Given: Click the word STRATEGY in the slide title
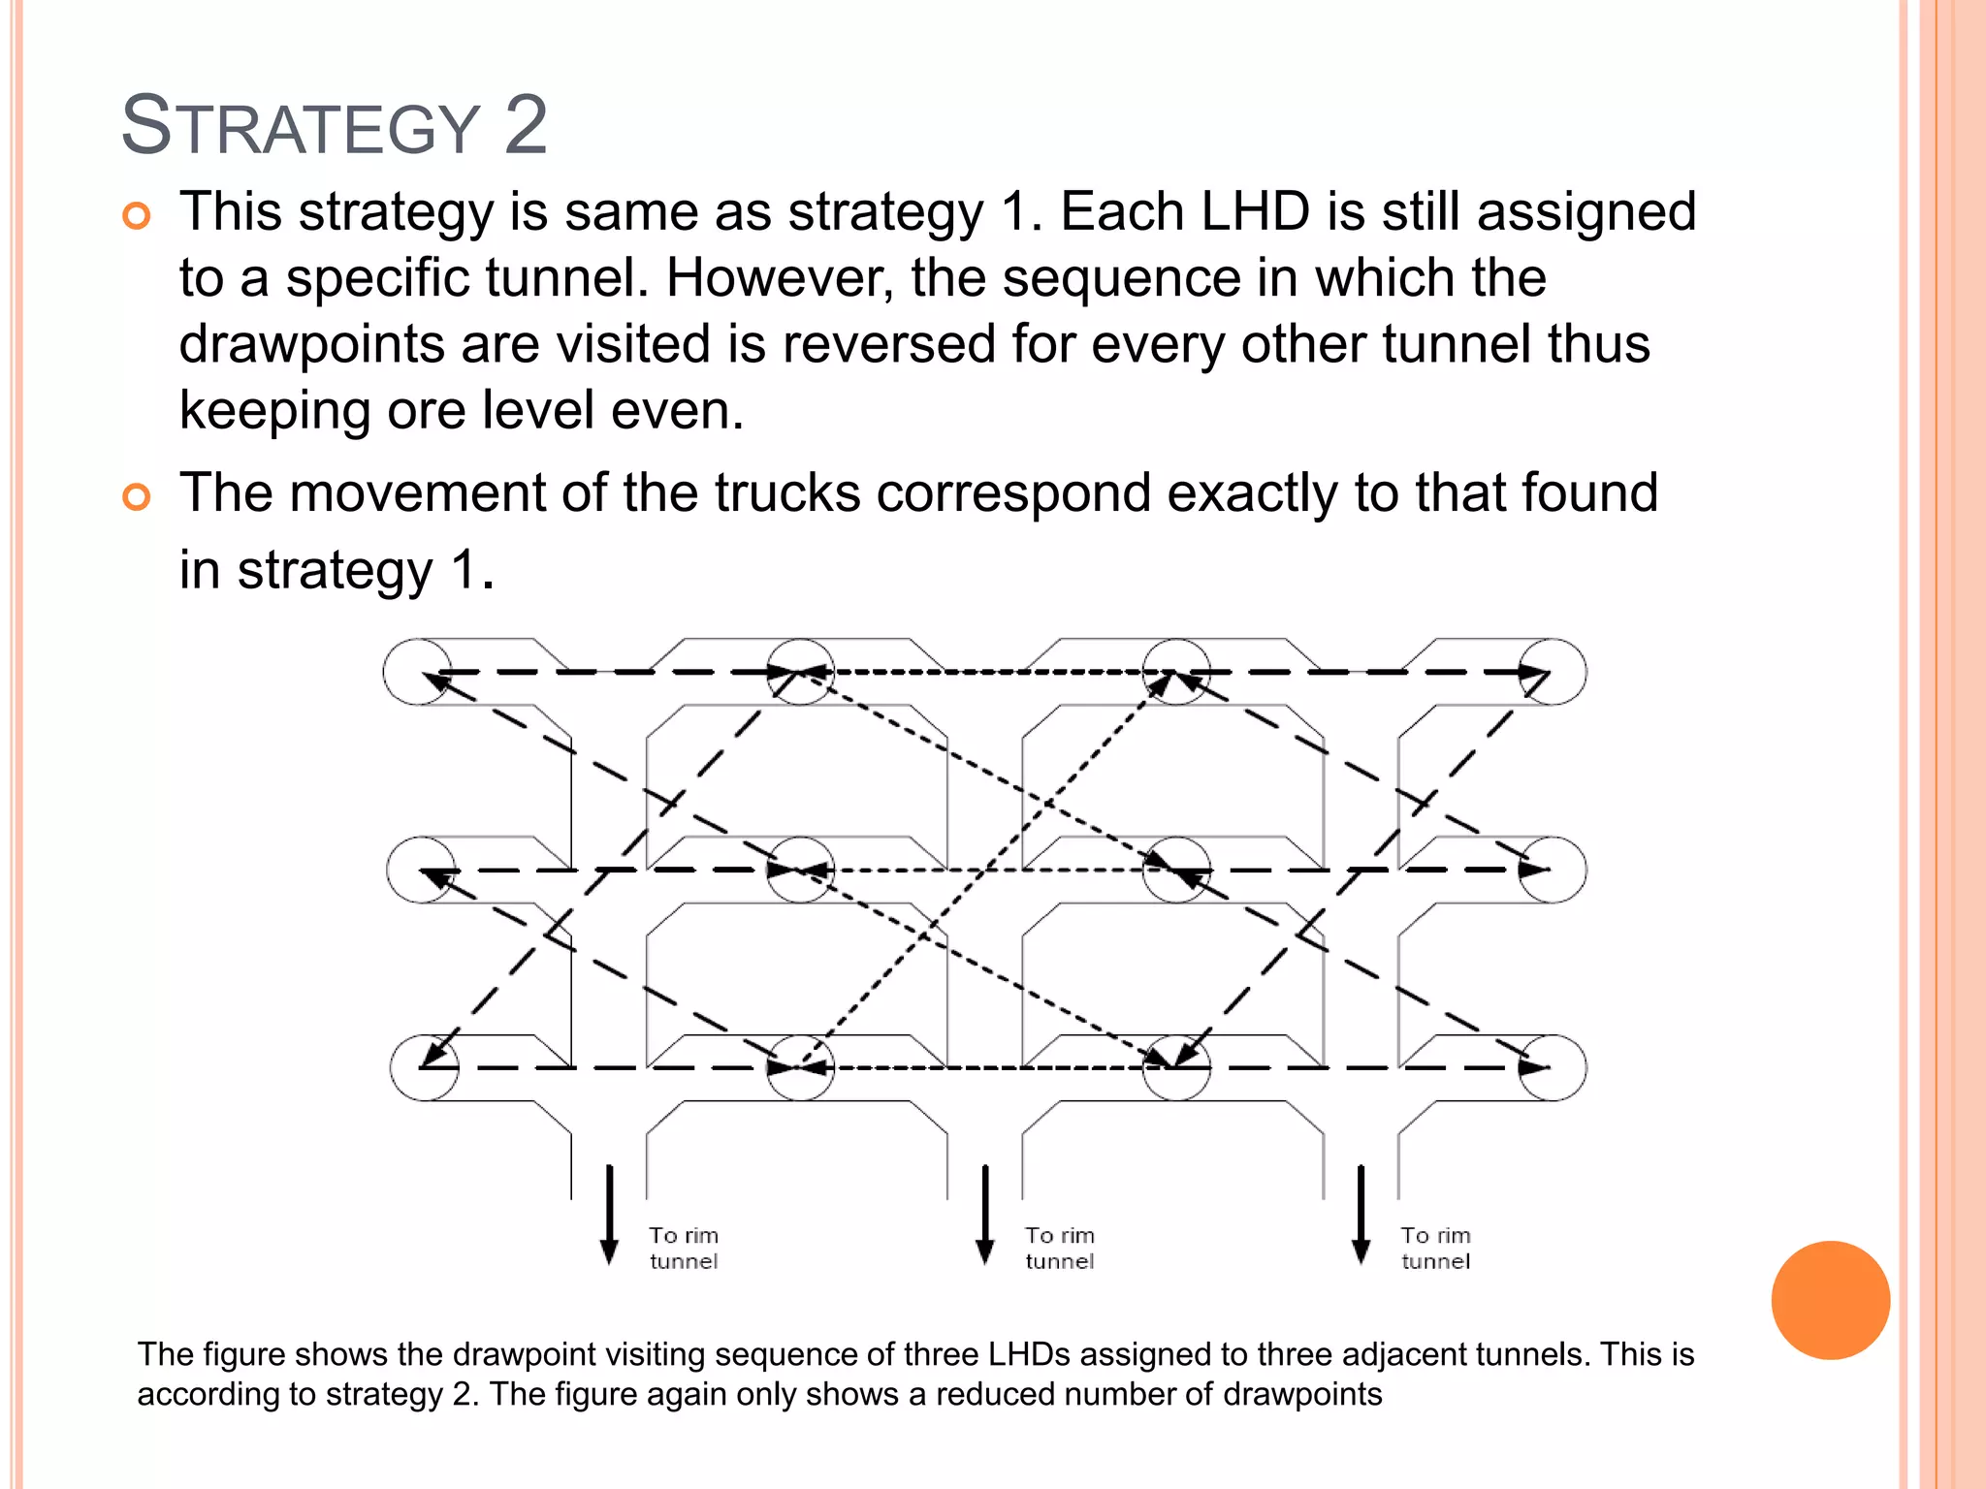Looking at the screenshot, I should coord(301,126).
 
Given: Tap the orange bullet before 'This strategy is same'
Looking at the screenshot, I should coord(137,215).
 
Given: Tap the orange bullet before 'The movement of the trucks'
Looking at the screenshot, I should coord(137,497).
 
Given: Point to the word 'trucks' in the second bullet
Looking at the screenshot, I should coord(787,492).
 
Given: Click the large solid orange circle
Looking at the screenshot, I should coord(1830,1300).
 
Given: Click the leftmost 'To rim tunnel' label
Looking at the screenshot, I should coord(684,1249).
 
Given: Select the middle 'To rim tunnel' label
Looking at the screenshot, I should coord(1060,1249).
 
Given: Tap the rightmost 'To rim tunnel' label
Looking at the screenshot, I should coord(1435,1249).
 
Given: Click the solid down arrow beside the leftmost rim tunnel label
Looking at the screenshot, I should coord(610,1214).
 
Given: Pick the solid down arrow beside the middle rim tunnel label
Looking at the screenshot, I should coord(985,1214).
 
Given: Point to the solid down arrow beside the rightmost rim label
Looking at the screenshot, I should coord(1361,1214).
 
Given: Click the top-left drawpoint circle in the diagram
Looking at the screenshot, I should coord(418,672).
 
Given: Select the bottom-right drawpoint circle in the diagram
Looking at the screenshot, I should coord(1553,1067).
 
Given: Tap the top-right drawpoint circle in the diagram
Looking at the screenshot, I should coord(1553,672).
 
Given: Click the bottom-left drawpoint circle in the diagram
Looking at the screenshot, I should coord(424,1067).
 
